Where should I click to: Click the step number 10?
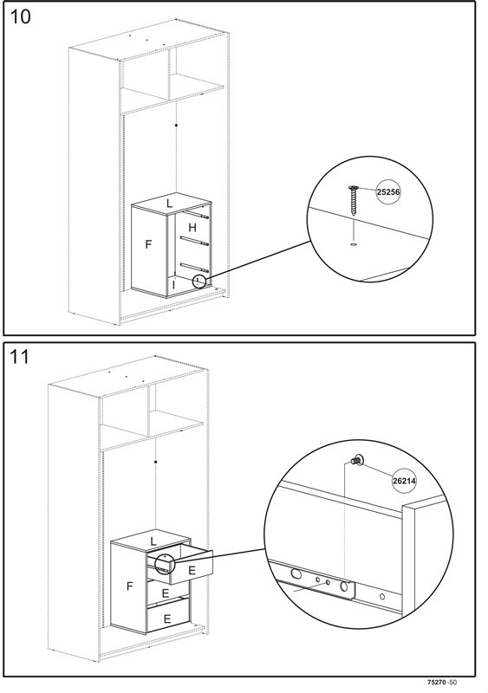20,16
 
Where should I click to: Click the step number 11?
19,357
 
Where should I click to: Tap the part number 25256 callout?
388,191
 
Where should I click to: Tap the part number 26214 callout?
405,481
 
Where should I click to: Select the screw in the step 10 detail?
353,200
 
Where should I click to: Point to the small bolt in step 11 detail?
356,461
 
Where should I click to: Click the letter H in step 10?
192,228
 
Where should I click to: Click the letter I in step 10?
174,286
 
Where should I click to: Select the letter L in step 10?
169,204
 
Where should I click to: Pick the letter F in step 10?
149,244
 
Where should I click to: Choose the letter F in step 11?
130,586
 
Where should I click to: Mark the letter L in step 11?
153,541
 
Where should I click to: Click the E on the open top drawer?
192,570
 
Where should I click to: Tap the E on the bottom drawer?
166,619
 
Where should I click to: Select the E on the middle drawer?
165,593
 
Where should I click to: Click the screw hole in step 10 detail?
353,243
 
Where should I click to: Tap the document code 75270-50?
442,683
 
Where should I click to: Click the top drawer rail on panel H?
196,215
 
